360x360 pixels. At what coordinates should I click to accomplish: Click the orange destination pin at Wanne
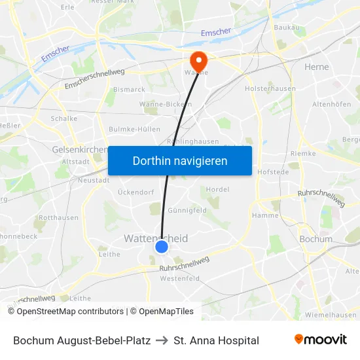(x=198, y=62)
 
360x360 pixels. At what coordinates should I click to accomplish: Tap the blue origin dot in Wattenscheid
(x=162, y=247)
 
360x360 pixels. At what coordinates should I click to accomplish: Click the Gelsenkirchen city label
(x=79, y=149)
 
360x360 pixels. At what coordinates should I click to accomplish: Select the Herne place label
(x=317, y=67)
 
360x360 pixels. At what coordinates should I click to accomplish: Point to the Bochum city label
(x=315, y=239)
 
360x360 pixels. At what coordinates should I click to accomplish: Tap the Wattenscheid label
(x=156, y=238)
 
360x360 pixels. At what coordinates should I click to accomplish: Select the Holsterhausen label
(x=270, y=88)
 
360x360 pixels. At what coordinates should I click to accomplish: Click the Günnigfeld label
(x=187, y=210)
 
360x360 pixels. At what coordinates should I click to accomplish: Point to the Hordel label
(x=217, y=189)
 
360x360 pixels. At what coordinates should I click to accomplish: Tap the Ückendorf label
(x=135, y=192)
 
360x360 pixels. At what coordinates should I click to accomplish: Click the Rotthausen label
(x=59, y=217)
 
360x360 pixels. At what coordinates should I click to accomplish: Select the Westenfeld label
(x=180, y=278)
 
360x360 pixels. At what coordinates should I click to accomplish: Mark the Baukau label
(x=287, y=27)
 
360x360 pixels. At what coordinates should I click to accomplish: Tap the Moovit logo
(x=321, y=340)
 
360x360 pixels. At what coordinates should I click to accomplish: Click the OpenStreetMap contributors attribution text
(x=65, y=312)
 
